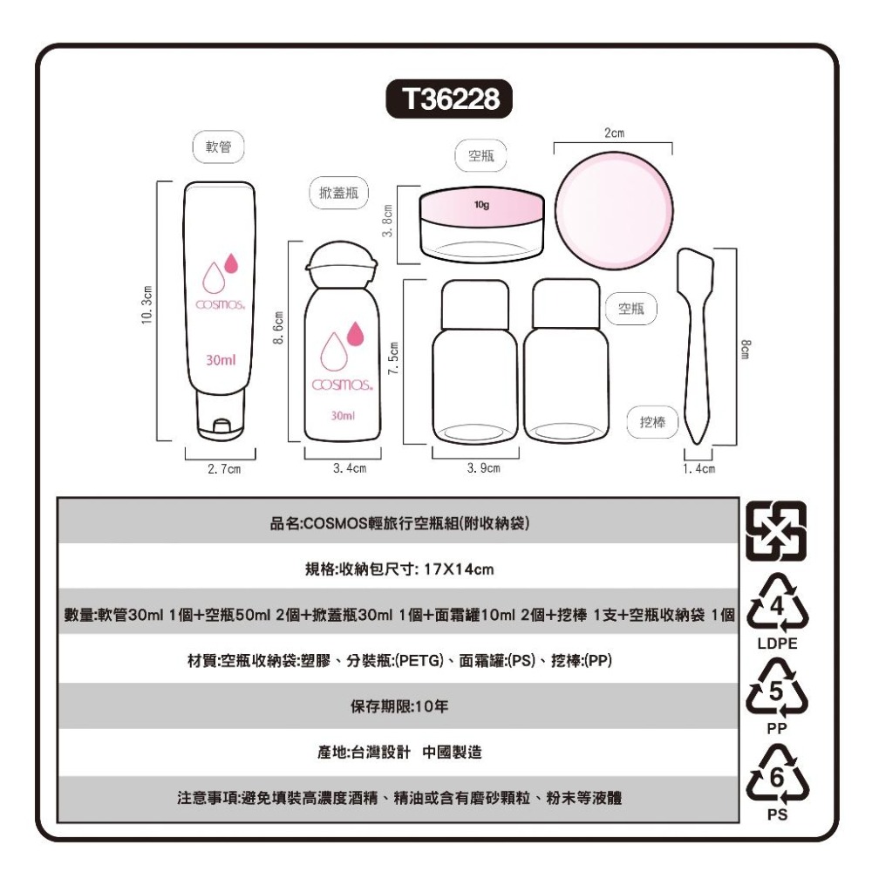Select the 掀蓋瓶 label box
click(x=340, y=192)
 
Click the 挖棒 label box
click(x=652, y=422)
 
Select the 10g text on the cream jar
click(x=480, y=205)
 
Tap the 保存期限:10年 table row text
click(x=399, y=705)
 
